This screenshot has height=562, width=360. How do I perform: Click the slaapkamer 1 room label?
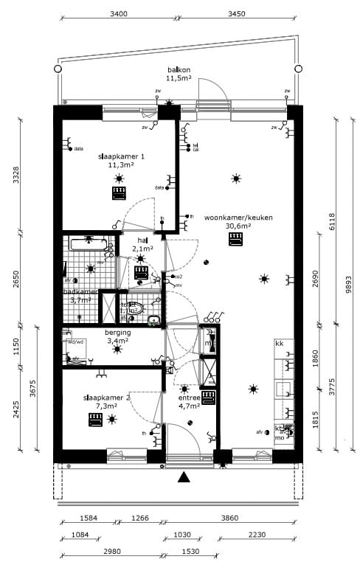pos(121,156)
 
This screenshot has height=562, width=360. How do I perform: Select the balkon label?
pos(179,69)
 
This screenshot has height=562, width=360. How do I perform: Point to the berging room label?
pos(117,333)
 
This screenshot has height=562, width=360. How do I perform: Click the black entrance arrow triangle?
pos(184,477)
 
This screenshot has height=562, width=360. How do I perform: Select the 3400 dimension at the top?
pos(118,13)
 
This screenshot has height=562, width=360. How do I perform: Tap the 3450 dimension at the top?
pos(236,13)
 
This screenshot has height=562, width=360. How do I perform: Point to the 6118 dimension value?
pos(331,222)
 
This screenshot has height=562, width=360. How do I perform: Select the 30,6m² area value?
pos(238,226)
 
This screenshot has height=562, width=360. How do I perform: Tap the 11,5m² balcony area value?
pos(179,77)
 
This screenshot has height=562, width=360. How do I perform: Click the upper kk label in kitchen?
pos(280,344)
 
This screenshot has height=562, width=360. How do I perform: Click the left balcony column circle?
pos(58,69)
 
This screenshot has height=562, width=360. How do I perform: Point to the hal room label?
pos(142,240)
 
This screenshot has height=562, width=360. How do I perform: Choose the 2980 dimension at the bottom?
pos(112,552)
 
